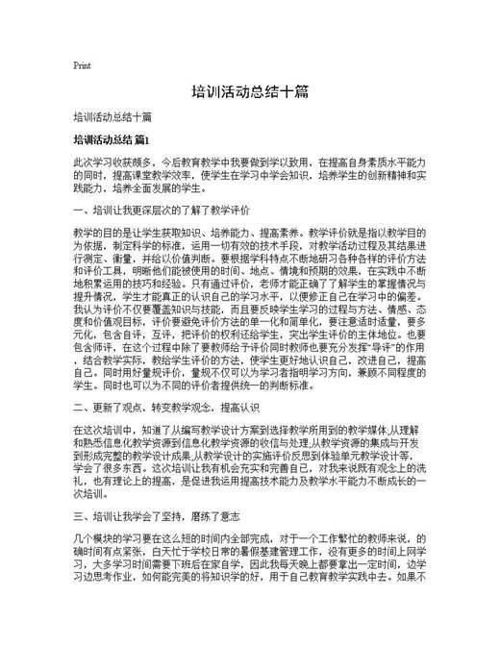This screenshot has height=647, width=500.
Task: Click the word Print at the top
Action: click(x=82, y=65)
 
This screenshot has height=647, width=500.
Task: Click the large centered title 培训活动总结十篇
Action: click(x=249, y=93)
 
